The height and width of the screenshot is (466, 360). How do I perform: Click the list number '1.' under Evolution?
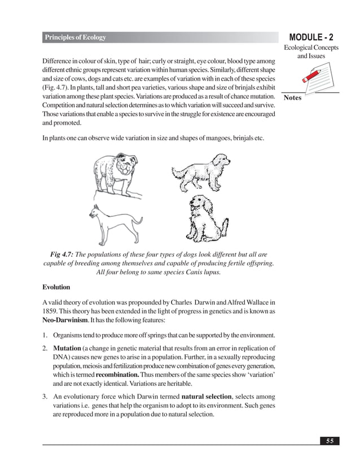point(45,333)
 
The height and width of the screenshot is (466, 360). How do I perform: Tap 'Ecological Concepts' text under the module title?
point(310,48)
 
